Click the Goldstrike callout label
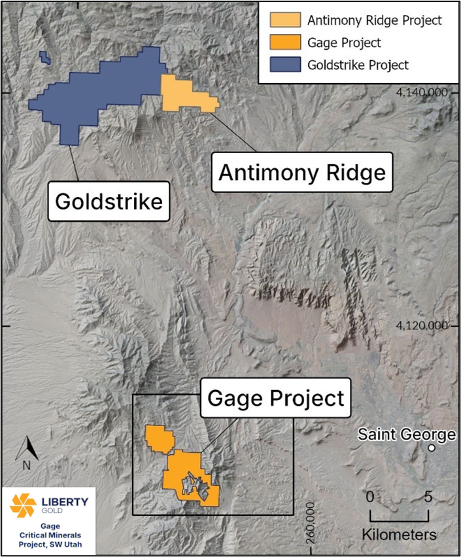click(109, 201)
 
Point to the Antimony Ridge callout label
click(301, 172)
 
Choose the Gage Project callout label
click(275, 398)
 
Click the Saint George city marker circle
click(432, 448)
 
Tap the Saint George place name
click(406, 434)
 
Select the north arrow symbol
click(27, 450)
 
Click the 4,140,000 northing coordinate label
click(422, 93)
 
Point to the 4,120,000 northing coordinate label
click(422, 325)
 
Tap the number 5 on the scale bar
click(428, 496)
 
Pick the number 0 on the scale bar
click(370, 496)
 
